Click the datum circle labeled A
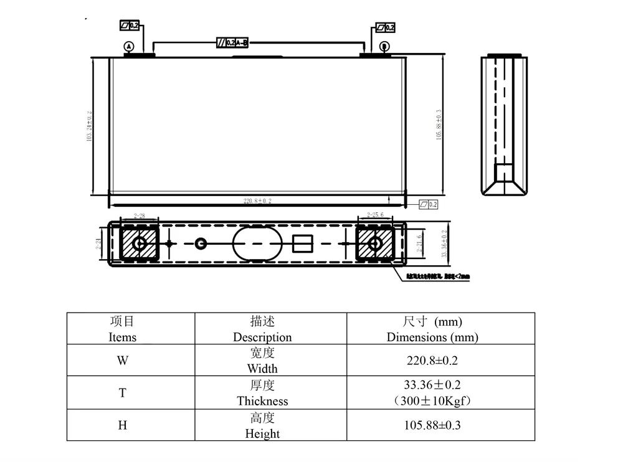click(x=129, y=46)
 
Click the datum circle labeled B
click(x=384, y=46)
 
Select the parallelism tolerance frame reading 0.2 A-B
click(x=232, y=42)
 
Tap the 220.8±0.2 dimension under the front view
click(x=257, y=201)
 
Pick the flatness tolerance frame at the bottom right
click(x=429, y=204)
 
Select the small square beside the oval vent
click(x=302, y=243)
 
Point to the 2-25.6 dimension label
click(x=375, y=215)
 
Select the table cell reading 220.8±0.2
click(x=432, y=360)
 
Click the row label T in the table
click(x=123, y=393)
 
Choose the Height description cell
click(x=262, y=426)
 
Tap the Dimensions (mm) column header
click(x=432, y=329)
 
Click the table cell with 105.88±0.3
click(x=432, y=426)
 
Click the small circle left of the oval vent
click(x=201, y=243)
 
